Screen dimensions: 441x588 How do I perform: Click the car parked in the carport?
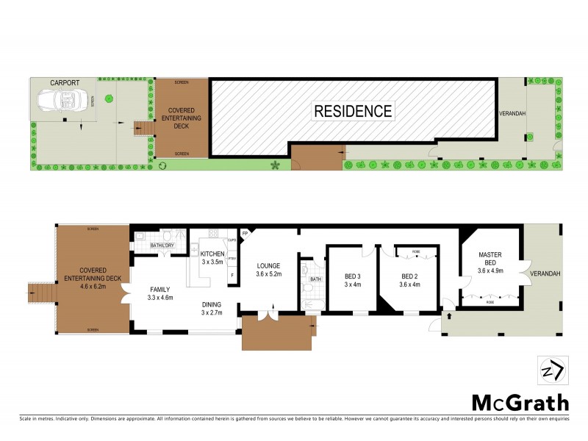[66, 99]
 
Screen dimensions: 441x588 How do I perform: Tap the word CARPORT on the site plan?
[65, 83]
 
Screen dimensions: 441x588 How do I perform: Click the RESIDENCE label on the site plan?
[353, 112]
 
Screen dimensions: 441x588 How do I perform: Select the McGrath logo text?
[520, 402]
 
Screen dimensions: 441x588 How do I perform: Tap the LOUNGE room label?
[269, 266]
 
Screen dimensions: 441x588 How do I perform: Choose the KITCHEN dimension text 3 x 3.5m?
[212, 262]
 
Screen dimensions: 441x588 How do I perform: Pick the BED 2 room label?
[409, 277]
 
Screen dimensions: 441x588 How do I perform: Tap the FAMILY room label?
[159, 290]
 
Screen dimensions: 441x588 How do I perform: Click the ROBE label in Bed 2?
[415, 251]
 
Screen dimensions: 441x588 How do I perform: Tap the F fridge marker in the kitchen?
[232, 276]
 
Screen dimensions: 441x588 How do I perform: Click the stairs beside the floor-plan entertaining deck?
[41, 293]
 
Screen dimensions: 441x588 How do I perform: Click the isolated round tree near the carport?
[109, 98]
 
